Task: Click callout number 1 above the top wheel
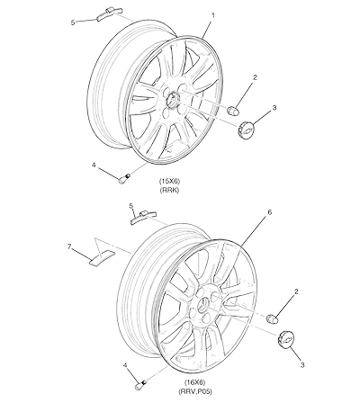pyautogui.click(x=213, y=14)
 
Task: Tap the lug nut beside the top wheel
pyautogui.click(x=233, y=111)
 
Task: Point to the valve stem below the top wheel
pyautogui.click(x=124, y=179)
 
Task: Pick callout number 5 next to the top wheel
pyautogui.click(x=73, y=22)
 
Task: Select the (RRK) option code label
pyautogui.click(x=170, y=190)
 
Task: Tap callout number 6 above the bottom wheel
pyautogui.click(x=269, y=212)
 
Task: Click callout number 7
pyautogui.click(x=69, y=246)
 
